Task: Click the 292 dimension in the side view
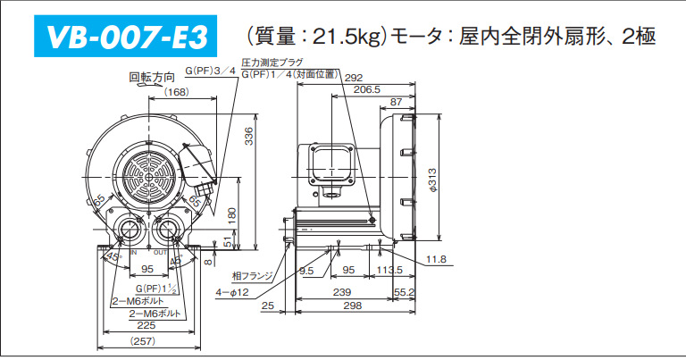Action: pos(354,78)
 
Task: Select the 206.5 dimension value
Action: pos(367,89)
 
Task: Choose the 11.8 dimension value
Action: pos(436,259)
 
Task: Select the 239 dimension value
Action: pos(340,292)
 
